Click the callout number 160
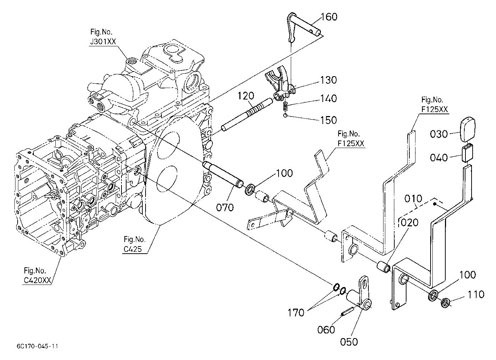(329, 17)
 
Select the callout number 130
(329, 80)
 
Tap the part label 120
(246, 96)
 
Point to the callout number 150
(329, 120)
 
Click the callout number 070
(225, 207)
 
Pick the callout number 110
(476, 295)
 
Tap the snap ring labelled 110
(445, 303)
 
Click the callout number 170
(296, 313)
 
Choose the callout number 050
(349, 342)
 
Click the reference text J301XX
(103, 42)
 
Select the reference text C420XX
(37, 280)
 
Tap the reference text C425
(133, 249)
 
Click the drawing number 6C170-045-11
(37, 346)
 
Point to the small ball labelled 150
(286, 116)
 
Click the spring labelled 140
(286, 106)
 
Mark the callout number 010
(413, 199)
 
